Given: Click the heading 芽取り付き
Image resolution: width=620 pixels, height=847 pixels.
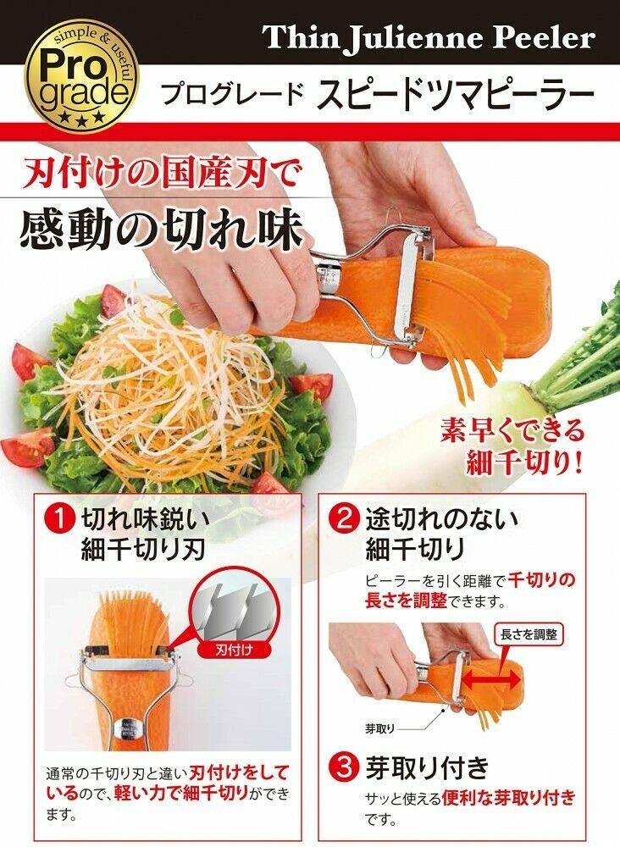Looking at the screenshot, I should pyautogui.click(x=428, y=769).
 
